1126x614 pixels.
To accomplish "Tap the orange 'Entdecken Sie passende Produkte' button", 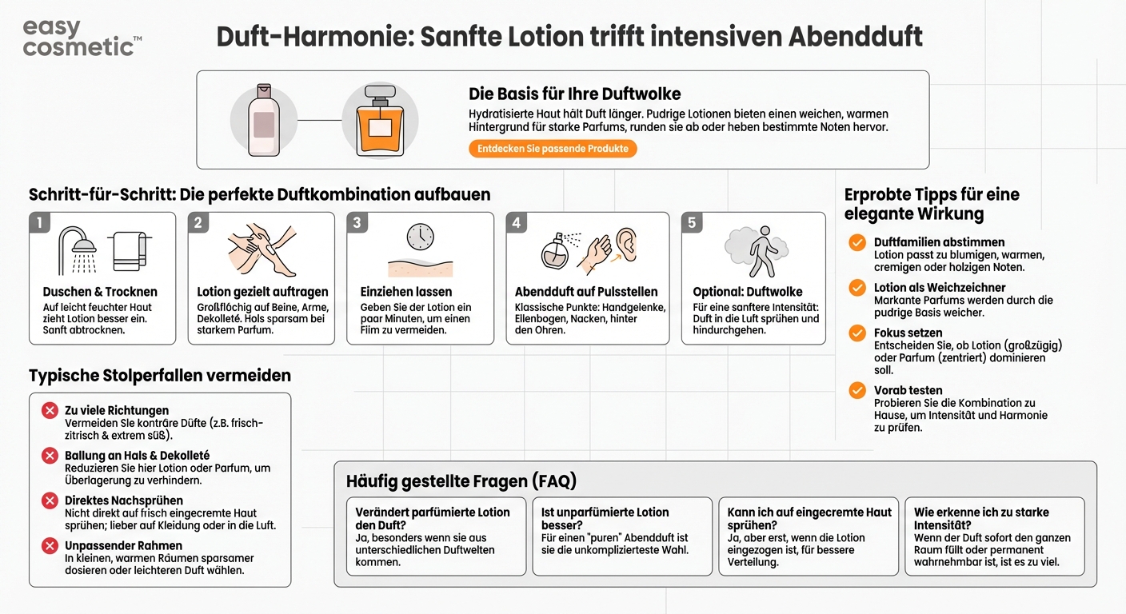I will pos(553,149).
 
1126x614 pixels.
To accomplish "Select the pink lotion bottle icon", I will pos(263,120).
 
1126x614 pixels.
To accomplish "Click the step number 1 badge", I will pos(38,223).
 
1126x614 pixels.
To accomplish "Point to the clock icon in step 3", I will pos(420,237).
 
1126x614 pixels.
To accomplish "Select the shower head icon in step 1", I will pos(78,247).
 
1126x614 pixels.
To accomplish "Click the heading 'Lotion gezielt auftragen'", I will pos(262,292).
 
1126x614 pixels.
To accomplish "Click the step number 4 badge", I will pos(517,223).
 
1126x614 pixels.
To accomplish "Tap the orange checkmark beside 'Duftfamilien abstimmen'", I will pos(857,242).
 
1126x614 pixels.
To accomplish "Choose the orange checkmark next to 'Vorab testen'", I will pos(857,391).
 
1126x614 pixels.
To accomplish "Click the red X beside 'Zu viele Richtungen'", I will pos(50,411).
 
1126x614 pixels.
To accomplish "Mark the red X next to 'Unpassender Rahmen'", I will pos(50,546).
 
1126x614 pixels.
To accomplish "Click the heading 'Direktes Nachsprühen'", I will pos(124,500).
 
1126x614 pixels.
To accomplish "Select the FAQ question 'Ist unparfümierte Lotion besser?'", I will pos(605,518).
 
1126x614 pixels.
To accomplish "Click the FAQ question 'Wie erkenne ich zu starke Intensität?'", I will pos(981,518).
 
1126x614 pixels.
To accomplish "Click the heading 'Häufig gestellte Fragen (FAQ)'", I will pos(461,480).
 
